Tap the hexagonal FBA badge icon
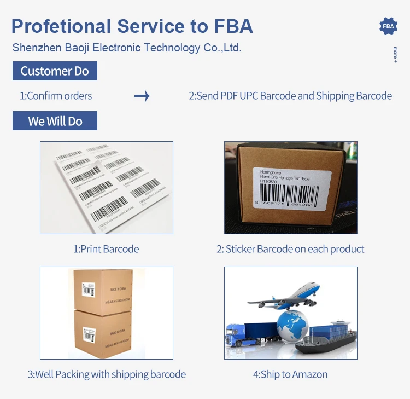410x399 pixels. [388, 26]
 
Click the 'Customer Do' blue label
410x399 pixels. [55, 71]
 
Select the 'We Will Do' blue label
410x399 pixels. [55, 121]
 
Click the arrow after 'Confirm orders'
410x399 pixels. [142, 96]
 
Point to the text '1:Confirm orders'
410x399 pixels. [56, 96]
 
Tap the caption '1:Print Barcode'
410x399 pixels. [106, 249]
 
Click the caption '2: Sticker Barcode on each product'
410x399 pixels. [290, 249]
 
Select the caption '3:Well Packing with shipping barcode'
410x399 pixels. [107, 374]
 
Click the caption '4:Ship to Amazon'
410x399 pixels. [290, 374]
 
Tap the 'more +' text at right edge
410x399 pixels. [395, 55]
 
